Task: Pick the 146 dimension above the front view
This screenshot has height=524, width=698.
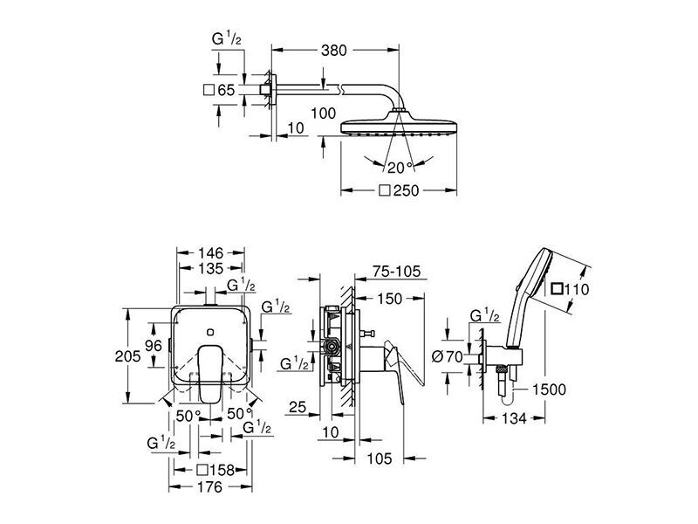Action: [209, 252]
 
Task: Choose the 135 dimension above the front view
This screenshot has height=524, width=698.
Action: [209, 269]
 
